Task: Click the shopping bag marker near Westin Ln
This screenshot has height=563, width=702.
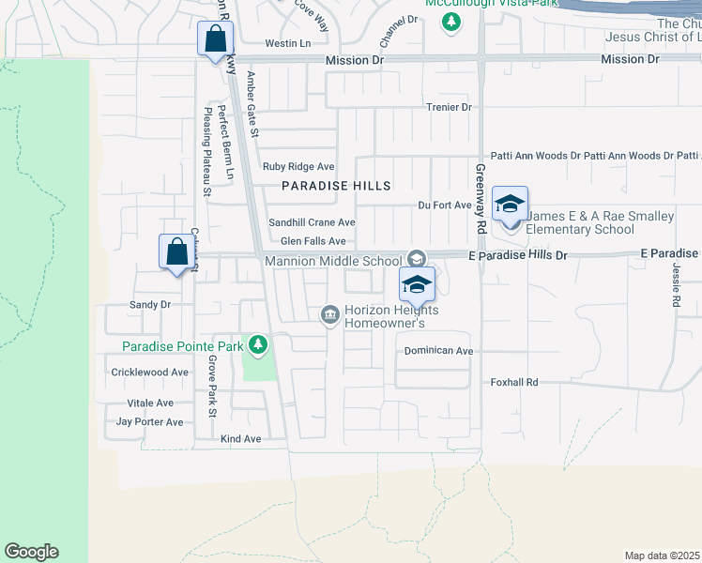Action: [x=216, y=40]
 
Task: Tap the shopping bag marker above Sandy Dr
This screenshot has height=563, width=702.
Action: [x=176, y=252]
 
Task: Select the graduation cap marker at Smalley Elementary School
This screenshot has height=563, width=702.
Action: [x=510, y=205]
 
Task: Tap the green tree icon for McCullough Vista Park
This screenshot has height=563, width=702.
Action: [x=451, y=21]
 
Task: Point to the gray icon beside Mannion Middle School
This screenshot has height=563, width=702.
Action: [x=416, y=259]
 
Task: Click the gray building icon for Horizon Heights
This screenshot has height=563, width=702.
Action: [x=330, y=314]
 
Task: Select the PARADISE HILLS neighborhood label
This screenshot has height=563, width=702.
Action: [x=336, y=186]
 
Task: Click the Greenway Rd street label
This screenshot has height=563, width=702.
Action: [x=480, y=200]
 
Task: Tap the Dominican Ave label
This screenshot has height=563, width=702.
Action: [x=438, y=351]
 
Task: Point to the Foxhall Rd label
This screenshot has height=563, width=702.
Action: [x=514, y=382]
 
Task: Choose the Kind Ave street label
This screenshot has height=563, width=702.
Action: [x=240, y=439]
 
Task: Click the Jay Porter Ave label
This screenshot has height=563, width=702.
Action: [x=149, y=422]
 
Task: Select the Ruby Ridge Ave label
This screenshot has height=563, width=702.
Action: [x=298, y=166]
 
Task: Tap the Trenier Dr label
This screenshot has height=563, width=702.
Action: [x=448, y=108]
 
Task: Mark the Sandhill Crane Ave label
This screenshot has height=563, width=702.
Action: [x=312, y=222]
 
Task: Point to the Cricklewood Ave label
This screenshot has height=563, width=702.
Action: [x=150, y=373]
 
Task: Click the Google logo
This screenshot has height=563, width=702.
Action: [x=31, y=552]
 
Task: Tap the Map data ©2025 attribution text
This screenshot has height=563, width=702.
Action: [x=661, y=555]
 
